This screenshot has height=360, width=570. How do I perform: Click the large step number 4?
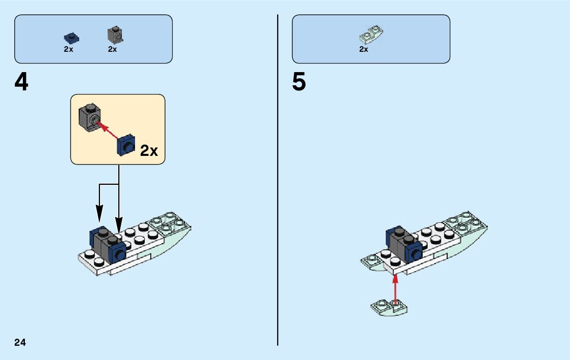pos(21,83)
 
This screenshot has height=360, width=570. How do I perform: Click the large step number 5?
pos(299,83)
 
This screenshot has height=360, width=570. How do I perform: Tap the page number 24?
pos(20,342)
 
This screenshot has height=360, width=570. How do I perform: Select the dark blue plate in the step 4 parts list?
pos(72,37)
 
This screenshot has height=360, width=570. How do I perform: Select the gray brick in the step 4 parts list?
pos(115,35)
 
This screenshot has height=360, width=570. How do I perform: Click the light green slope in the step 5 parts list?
pos(371,35)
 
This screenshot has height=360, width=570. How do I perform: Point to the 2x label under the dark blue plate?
pos(69,49)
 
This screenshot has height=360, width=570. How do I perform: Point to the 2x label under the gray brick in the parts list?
pos(112,49)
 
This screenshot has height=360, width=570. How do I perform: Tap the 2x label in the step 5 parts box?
pos(363,49)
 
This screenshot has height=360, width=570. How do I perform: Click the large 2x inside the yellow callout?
pos(149,150)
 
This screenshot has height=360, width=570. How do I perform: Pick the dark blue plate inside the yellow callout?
pos(126,146)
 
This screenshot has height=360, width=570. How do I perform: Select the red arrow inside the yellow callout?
pos(109,130)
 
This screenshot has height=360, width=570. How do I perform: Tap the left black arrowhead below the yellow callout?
pos(99,212)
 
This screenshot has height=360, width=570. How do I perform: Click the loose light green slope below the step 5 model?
pos(389,307)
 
